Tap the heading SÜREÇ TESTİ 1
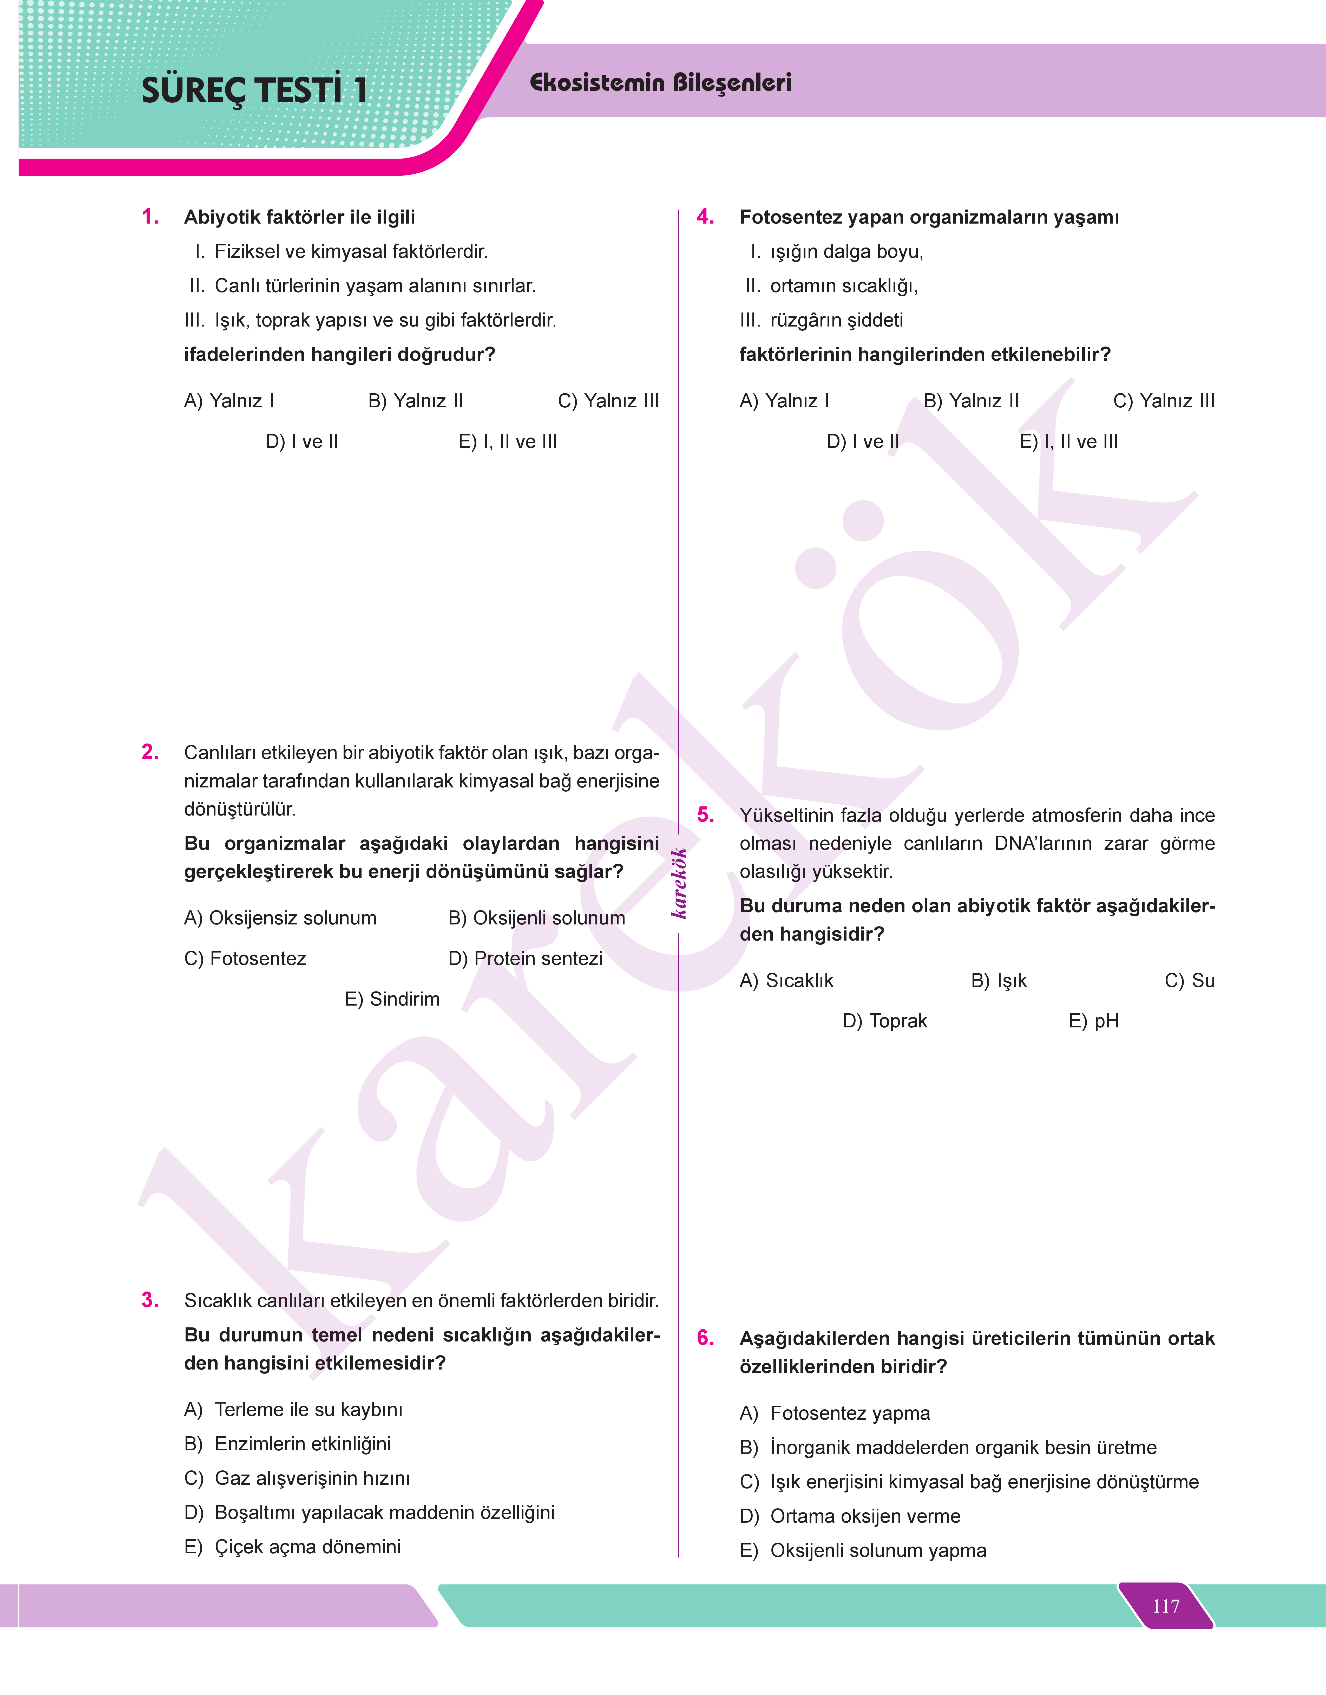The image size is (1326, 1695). coord(254,90)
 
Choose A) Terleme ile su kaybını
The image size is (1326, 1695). coord(293,1409)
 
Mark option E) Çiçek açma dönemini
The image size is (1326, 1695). coord(293,1547)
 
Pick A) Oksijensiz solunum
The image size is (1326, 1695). coord(280,918)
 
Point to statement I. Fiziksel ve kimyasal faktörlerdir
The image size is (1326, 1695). coord(342,252)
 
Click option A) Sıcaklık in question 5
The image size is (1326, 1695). coord(786,981)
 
